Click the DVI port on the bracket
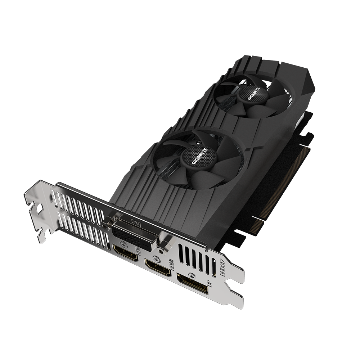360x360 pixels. click(133, 234)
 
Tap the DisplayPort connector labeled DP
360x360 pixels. click(193, 281)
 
